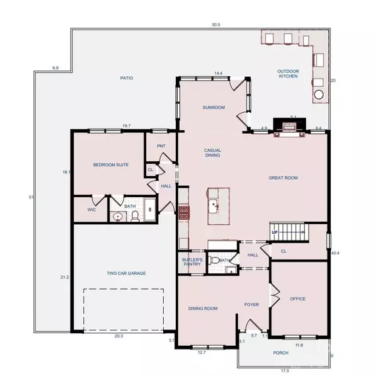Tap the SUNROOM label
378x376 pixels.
coord(214,108)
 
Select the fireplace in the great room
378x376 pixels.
coord(290,127)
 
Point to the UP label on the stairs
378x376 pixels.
coord(274,232)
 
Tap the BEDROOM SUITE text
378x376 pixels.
coord(111,165)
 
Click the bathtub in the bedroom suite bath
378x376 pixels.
coord(149,210)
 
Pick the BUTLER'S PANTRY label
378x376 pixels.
coord(192,262)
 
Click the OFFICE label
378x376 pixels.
coord(297,299)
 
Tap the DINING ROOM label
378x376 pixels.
coord(203,308)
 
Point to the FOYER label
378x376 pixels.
coord(251,305)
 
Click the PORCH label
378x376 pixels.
coord(280,353)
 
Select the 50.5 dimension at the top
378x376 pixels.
coord(215,25)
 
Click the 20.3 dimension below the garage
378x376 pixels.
coord(118,336)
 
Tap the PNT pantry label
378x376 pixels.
coord(161,146)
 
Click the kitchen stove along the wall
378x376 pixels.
coord(183,213)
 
